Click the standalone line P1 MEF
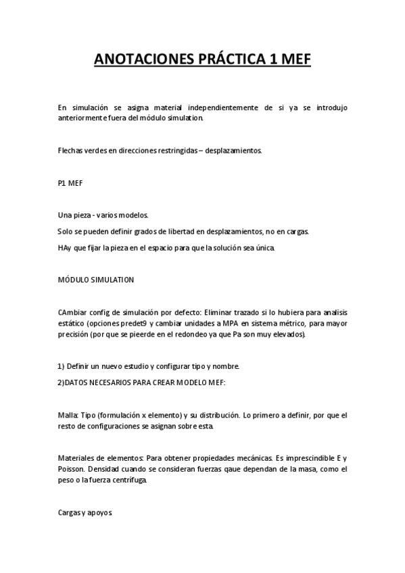pos(70,182)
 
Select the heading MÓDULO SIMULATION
pos(96,280)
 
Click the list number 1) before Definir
pos(62,366)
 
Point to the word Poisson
pos(72,468)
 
